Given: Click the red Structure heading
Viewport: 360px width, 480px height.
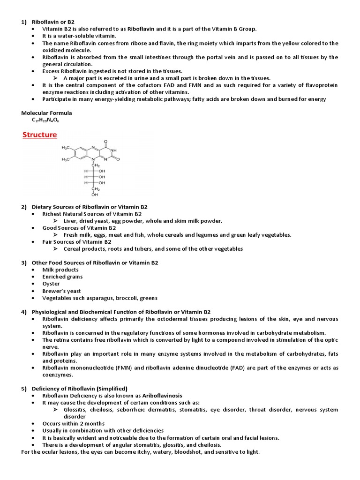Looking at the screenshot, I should [40, 135].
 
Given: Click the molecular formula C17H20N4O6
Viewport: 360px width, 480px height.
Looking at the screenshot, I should [45, 120].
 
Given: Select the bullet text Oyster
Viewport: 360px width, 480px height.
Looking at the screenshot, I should [51, 284].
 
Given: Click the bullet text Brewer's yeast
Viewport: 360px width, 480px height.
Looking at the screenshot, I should [61, 291].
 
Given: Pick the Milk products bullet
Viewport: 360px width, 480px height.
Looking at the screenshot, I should [60, 270].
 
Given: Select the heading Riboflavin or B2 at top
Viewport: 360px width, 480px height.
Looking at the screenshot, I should [53, 22].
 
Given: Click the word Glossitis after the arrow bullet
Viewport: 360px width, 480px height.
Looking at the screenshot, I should [75, 410].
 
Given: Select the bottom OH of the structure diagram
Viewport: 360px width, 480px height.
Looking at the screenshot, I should [95, 195].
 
